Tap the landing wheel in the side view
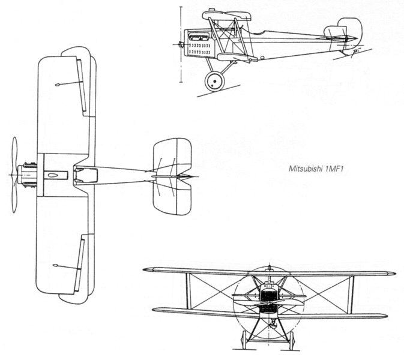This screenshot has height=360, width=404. pyautogui.click(x=214, y=82)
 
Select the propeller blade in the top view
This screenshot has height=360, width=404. pyautogui.click(x=14, y=175)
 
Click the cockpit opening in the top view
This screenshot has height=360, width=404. pyautogui.click(x=85, y=175)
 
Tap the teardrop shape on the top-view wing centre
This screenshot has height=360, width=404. pyautogui.click(x=53, y=175)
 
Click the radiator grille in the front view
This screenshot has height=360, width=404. pyautogui.click(x=268, y=299)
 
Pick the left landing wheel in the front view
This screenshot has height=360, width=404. pyautogui.click(x=244, y=340)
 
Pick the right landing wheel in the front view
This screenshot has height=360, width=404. pyautogui.click(x=291, y=340)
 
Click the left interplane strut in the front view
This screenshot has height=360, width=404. pyautogui.click(x=188, y=290)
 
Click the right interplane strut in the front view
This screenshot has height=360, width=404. pyautogui.click(x=351, y=294)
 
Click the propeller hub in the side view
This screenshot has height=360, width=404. pyautogui.click(x=181, y=44)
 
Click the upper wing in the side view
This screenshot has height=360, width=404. pyautogui.click(x=226, y=16)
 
